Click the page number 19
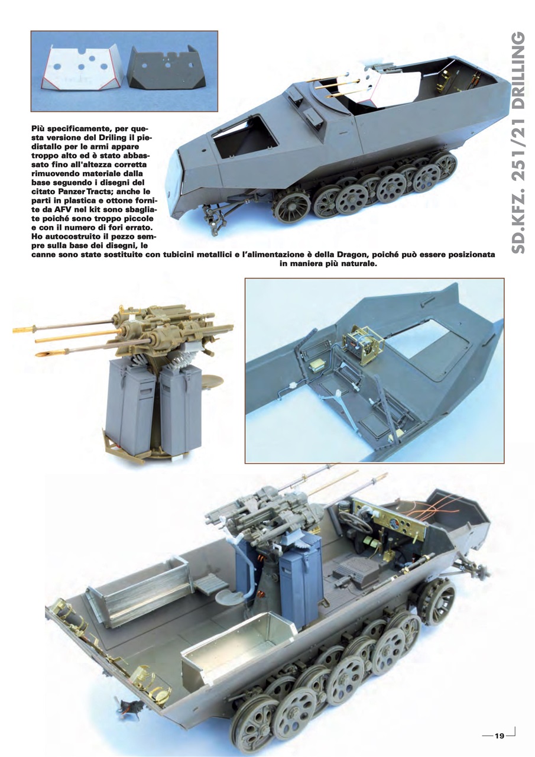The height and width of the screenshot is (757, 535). pyautogui.click(x=500, y=736)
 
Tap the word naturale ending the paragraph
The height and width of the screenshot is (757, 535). pyautogui.click(x=358, y=264)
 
